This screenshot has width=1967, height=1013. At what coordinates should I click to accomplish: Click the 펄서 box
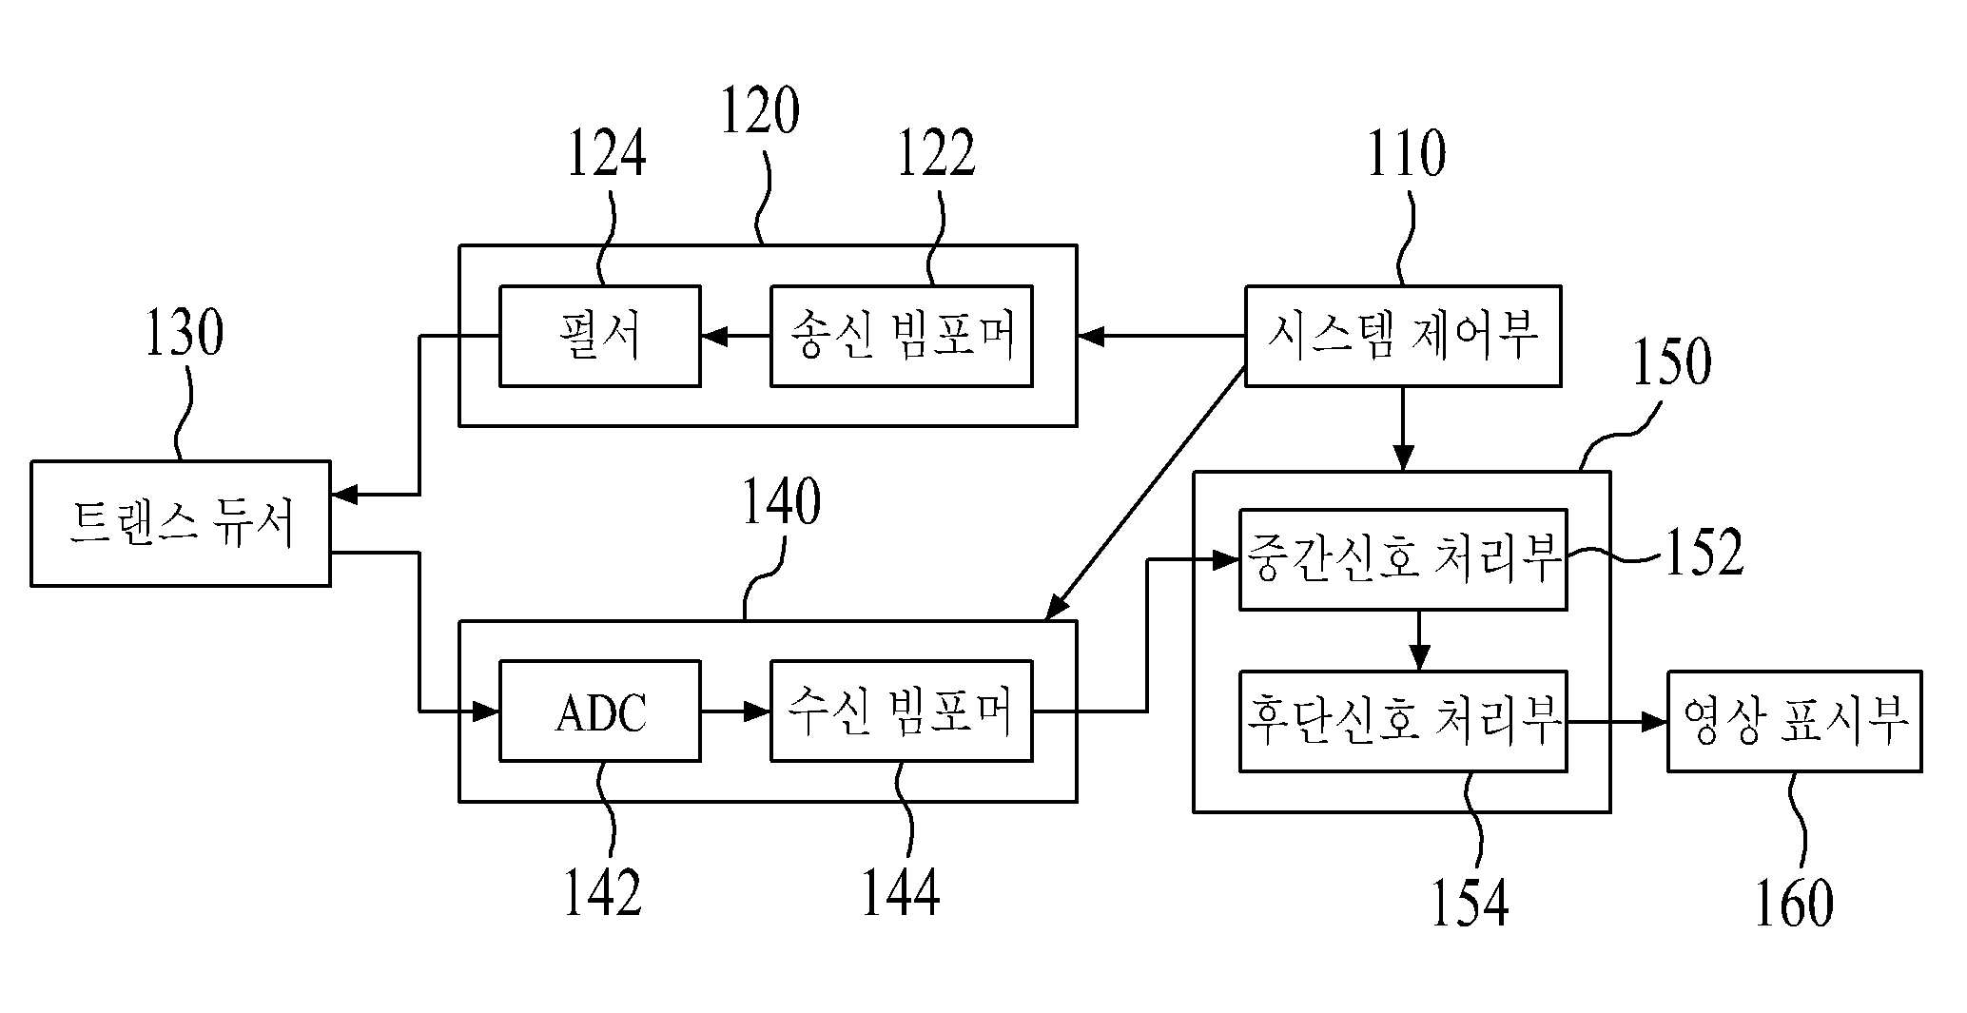point(600,336)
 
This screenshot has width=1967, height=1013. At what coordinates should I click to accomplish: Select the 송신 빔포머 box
point(902,336)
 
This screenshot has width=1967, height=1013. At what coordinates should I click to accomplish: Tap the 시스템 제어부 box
point(1403,336)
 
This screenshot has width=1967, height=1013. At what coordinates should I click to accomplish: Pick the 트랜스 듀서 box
point(181,523)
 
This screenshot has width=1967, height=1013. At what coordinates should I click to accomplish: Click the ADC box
point(600,711)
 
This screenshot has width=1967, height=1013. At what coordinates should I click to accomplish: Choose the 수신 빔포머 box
point(902,711)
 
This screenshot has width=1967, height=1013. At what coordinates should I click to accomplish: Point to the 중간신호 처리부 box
point(1403,559)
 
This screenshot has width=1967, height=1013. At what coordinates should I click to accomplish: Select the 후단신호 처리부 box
point(1403,721)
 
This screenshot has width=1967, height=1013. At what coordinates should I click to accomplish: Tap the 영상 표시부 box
point(1795,721)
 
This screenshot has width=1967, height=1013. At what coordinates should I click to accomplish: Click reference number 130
point(184,333)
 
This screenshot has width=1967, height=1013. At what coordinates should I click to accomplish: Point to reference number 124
point(607,154)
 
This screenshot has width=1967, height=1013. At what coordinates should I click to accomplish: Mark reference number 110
point(1407,154)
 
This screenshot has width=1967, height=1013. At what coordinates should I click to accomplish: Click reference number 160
point(1794,903)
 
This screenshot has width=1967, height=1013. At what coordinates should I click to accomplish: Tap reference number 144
point(901,892)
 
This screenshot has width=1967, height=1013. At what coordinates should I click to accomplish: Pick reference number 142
point(603,892)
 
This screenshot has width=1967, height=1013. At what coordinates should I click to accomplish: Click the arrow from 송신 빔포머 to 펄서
point(735,336)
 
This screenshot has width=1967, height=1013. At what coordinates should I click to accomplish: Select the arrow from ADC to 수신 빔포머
point(735,711)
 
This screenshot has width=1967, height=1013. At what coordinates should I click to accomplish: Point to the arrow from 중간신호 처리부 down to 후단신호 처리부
point(1419,640)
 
